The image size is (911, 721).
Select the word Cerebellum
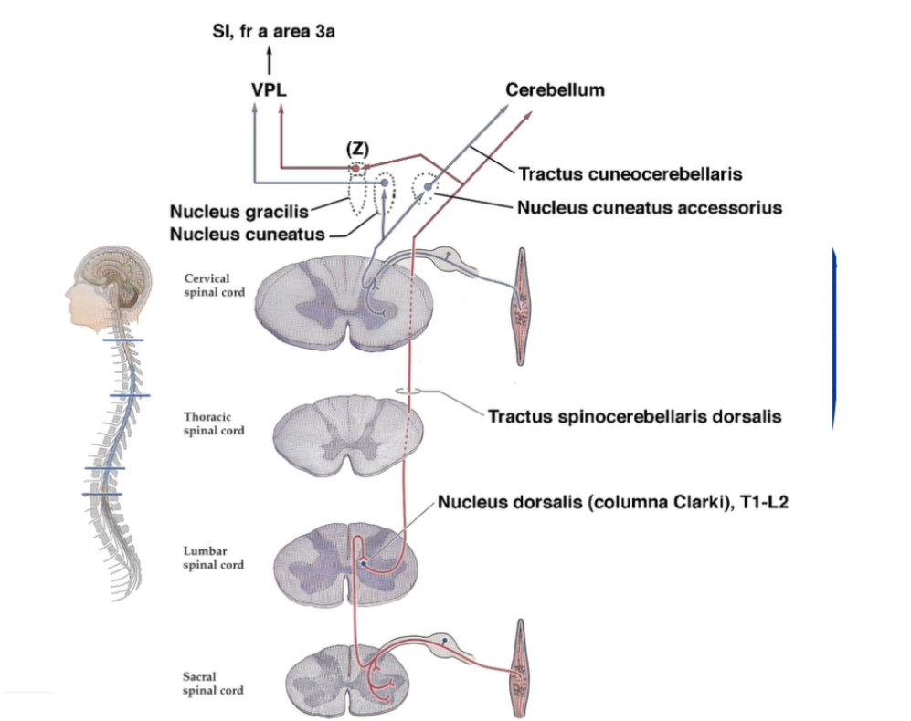pos(555,89)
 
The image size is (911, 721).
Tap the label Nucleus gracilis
pos(238,212)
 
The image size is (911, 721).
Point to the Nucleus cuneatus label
pos(247,234)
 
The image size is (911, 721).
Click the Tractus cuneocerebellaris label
pos(629,172)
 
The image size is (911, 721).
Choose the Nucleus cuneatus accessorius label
pos(650,207)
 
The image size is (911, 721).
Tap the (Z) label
pos(355,149)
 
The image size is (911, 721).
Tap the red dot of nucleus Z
pos(355,169)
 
